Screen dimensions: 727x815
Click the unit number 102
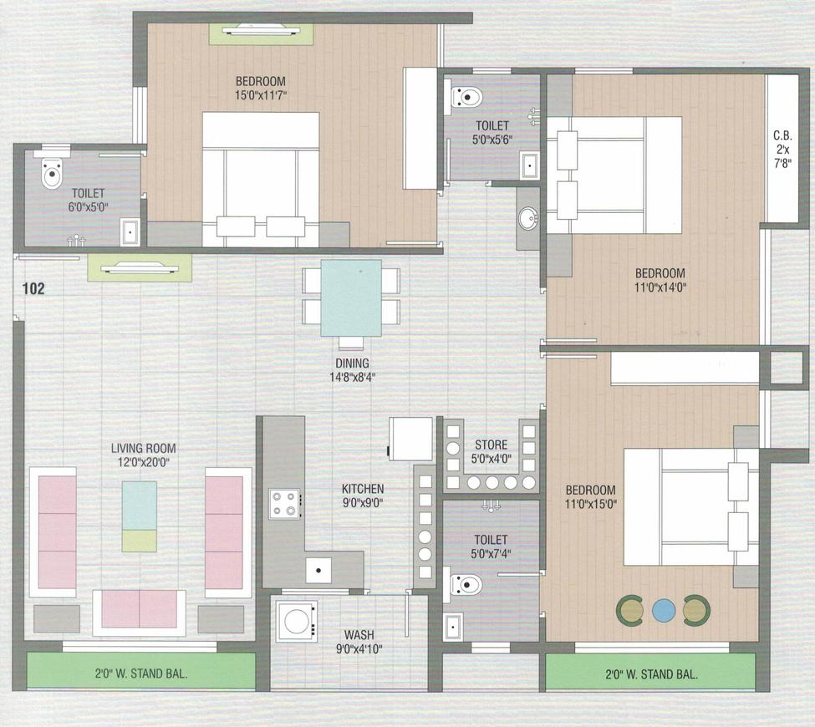[x=33, y=289]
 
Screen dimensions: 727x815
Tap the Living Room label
[x=144, y=449]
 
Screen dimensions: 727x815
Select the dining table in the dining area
[x=351, y=298]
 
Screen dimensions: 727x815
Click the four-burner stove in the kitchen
[x=284, y=504]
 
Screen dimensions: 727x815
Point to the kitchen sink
[x=318, y=571]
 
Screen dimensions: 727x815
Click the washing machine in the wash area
[x=295, y=621]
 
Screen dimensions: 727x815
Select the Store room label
[x=491, y=445]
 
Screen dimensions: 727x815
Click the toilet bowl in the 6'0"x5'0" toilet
[x=52, y=173]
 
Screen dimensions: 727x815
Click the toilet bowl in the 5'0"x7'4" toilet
[x=465, y=583]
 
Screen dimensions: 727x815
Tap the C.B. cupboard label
[x=782, y=134]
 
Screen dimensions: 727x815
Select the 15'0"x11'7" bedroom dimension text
[x=261, y=95]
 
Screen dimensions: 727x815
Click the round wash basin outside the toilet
[x=528, y=220]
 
